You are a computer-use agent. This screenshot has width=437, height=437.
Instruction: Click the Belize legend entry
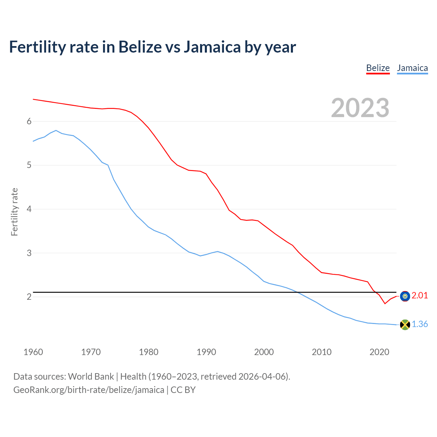coord(378,68)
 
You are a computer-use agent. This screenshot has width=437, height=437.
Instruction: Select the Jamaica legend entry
coord(412,68)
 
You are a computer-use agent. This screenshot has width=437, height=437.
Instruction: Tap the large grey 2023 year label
coord(360,108)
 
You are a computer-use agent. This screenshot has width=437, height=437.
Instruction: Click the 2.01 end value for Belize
coord(420,296)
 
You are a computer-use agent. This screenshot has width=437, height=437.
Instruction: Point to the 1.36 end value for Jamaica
coord(420,324)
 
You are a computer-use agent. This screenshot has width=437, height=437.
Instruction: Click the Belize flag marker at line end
coord(405,296)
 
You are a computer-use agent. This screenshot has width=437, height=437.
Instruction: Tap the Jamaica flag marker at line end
coord(405,325)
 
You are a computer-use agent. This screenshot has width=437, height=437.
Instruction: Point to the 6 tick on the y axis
coord(29,122)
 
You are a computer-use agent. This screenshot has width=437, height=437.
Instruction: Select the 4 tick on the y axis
coord(29,209)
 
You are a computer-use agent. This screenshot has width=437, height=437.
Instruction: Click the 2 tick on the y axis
coord(29,297)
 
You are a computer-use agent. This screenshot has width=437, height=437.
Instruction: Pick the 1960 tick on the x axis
coord(33,352)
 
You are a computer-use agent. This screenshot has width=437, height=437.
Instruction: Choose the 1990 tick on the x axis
coord(206,352)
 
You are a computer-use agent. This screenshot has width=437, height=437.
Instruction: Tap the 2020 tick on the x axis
coord(379,352)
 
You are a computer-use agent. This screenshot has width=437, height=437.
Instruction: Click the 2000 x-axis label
coord(264,352)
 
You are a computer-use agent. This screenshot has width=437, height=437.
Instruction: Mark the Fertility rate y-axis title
coord(14,212)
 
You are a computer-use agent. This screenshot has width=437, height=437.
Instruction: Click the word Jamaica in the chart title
coord(212,47)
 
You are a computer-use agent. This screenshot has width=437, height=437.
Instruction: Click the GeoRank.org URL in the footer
coord(89,390)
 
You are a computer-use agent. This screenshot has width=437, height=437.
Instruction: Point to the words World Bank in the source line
coord(91,377)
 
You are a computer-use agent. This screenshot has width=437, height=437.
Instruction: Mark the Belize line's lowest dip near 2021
coord(385,304)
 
